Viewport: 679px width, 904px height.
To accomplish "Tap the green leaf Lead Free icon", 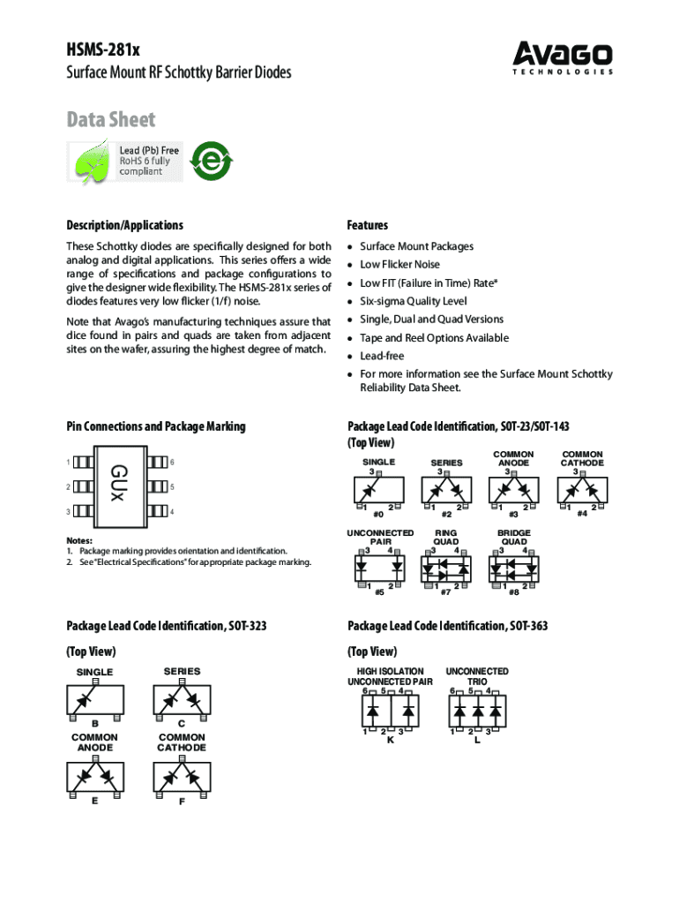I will [x=91, y=162].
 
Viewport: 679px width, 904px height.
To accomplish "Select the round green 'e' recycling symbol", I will [x=212, y=162].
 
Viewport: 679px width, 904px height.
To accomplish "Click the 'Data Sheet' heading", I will [x=111, y=119].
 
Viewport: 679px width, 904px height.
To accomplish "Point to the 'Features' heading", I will [x=368, y=225].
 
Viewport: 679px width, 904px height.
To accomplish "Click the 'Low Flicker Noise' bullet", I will [x=399, y=265].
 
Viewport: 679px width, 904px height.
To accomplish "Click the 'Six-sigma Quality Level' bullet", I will [x=413, y=301].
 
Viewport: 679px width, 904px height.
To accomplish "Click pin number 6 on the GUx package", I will [x=173, y=462].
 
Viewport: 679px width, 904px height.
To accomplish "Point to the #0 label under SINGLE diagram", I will [x=378, y=514].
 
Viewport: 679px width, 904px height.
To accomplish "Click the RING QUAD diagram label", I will [x=445, y=538].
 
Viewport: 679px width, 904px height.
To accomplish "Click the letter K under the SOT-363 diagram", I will [x=391, y=740].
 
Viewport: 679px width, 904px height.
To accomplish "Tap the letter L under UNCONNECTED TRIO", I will [x=477, y=740].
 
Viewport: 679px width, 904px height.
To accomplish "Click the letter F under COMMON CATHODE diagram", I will [x=182, y=802].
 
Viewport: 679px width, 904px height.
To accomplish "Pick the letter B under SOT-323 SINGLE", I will [x=95, y=723].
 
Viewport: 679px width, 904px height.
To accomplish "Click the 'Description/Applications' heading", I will [x=125, y=225].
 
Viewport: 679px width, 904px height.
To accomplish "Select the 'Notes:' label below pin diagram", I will [x=81, y=540].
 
